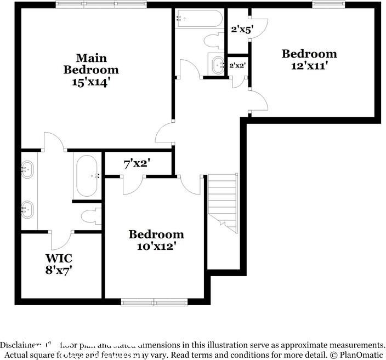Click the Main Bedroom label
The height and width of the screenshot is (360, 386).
click(91, 64)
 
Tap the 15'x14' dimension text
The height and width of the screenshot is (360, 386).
click(91, 82)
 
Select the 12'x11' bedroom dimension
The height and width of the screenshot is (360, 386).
click(309, 66)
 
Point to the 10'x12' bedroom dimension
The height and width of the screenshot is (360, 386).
click(156, 247)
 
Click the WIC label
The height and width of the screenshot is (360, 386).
click(59, 257)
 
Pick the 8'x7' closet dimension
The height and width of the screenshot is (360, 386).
click(59, 270)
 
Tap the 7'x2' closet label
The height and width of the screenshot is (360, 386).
click(137, 163)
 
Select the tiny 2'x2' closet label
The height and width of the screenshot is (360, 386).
click(237, 66)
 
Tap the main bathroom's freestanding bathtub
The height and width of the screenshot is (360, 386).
click(87, 176)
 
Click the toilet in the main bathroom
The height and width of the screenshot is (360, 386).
click(89, 216)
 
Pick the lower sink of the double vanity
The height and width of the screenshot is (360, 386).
click(27, 208)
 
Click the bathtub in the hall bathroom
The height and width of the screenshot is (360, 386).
click(199, 19)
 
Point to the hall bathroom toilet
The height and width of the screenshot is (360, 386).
click(212, 41)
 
